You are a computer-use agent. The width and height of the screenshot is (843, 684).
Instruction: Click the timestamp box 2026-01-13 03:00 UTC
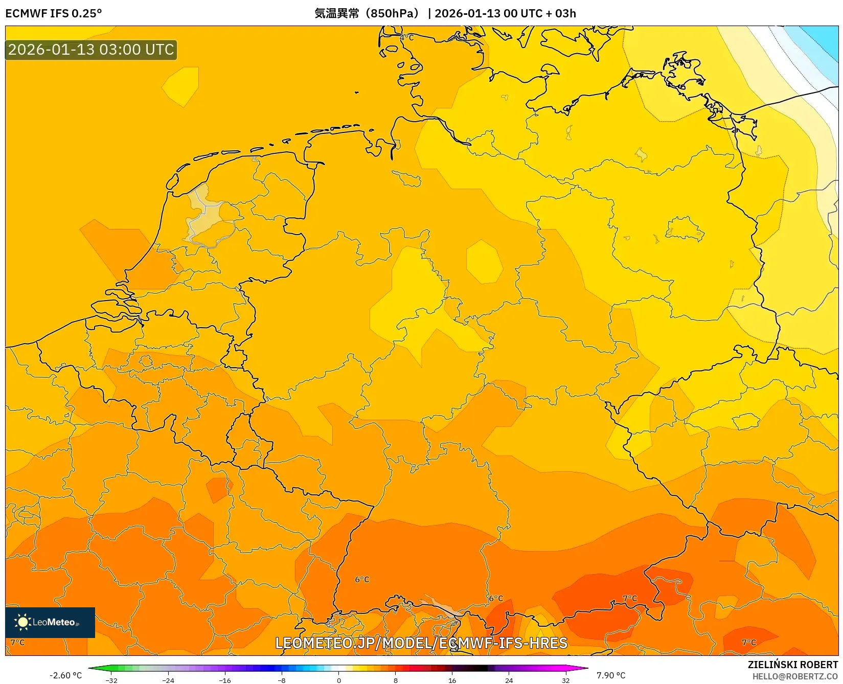point(91,50)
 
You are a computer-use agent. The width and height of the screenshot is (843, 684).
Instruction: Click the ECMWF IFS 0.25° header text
point(54,13)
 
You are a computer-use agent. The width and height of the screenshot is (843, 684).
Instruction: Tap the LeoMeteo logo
point(50,622)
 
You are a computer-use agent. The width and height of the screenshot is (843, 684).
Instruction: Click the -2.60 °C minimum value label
point(65,675)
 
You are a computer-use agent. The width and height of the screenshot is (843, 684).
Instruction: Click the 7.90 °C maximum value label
point(611,675)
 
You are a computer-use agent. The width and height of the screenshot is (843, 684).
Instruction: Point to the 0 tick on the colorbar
point(338,680)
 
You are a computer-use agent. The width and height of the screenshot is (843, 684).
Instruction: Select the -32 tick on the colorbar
point(111,680)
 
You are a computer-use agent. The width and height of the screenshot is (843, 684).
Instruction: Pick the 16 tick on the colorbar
point(452,680)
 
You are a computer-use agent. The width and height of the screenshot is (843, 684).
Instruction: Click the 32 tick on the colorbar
point(565,680)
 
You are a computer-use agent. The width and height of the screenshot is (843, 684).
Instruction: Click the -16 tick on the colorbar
point(225,680)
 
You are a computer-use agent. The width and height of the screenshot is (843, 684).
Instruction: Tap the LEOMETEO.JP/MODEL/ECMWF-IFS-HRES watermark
point(421,643)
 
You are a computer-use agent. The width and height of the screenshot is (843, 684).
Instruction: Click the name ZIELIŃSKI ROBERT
point(792,665)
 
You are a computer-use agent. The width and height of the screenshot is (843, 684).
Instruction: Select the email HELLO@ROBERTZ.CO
point(795,676)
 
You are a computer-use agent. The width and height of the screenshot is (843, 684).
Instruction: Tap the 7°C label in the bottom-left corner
point(17,642)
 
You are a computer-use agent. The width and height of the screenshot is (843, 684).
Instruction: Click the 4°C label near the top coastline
point(406,38)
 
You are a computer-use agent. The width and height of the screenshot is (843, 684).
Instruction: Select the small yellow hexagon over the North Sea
point(180,86)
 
